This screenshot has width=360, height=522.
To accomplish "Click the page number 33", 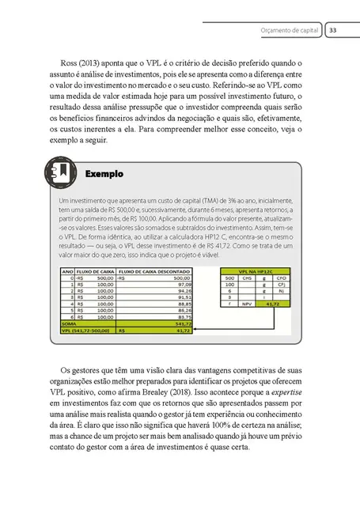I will tap(333, 30).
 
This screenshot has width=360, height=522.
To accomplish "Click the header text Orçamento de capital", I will tap(290, 30).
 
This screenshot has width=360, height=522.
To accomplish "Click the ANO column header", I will tap(66, 270).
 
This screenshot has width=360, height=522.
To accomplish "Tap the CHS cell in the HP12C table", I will tap(247, 278).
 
